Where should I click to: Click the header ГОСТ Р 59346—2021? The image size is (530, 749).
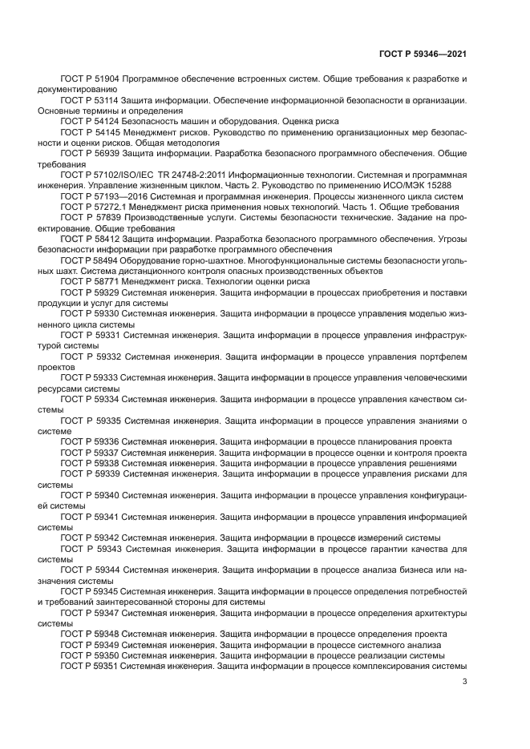point(423,54)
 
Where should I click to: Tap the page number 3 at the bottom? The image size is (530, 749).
point(465,682)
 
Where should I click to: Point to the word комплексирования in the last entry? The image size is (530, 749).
point(374,664)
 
